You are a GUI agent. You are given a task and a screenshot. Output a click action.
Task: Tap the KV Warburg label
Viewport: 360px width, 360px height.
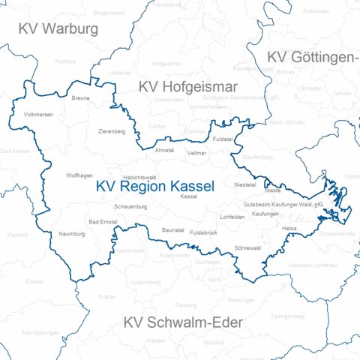(58, 30)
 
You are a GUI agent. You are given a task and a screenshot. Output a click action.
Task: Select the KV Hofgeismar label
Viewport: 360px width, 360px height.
(187, 87)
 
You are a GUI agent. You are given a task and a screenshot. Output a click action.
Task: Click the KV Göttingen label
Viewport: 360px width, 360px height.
(313, 58)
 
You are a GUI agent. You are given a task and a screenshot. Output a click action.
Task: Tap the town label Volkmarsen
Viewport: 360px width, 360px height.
(39, 115)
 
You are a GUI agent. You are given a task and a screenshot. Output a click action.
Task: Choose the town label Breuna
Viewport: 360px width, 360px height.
(80, 98)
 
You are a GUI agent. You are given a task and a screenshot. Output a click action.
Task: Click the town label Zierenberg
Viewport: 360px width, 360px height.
(112, 131)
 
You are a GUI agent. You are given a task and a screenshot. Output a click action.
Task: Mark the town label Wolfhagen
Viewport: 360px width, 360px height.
(79, 175)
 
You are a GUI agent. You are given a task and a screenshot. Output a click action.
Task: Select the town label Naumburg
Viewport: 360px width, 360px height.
(73, 234)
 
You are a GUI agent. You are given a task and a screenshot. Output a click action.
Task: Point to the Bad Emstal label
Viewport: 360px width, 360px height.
(103, 222)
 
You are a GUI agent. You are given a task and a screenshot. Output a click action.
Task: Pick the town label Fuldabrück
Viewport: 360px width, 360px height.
(204, 232)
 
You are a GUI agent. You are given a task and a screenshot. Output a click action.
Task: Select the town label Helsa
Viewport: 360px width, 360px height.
(289, 227)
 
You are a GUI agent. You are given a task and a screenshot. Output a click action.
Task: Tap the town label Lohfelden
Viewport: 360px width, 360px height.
(232, 217)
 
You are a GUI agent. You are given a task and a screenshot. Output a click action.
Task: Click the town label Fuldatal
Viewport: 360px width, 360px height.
(223, 139)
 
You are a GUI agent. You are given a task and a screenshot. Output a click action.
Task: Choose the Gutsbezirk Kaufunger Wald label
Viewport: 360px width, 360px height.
(283, 204)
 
